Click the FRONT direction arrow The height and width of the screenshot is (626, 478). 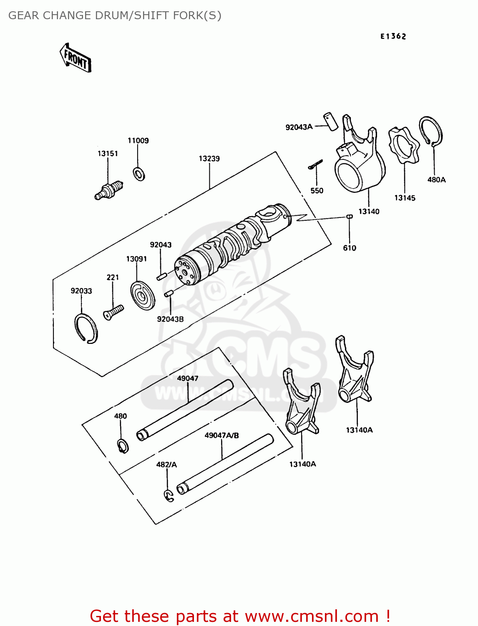tap(76, 58)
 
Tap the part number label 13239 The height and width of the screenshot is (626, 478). tap(209, 159)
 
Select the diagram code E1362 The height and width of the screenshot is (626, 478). tap(393, 36)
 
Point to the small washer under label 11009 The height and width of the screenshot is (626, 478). tap(139, 174)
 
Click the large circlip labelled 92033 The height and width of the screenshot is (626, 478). tap(86, 328)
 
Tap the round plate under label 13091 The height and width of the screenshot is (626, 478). tap(143, 296)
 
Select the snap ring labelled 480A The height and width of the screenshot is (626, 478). tap(431, 131)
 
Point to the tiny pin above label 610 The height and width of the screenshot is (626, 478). tap(350, 216)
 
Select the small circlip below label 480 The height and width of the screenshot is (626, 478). tap(123, 446)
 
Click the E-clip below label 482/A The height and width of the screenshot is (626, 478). tap(169, 495)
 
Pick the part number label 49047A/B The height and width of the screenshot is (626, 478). tap(221, 435)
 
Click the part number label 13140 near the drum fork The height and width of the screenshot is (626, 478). tap(369, 212)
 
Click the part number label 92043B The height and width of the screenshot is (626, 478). tap(170, 319)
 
